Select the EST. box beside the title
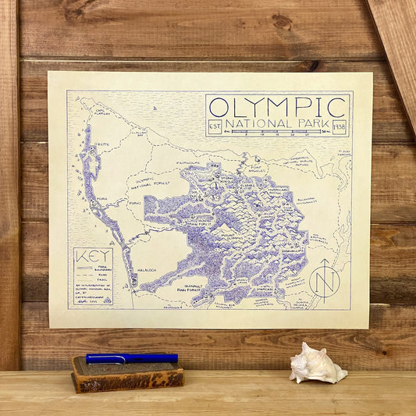point(216,125)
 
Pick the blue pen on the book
point(131,358)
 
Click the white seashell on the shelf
point(317,365)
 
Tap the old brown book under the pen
point(127,375)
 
